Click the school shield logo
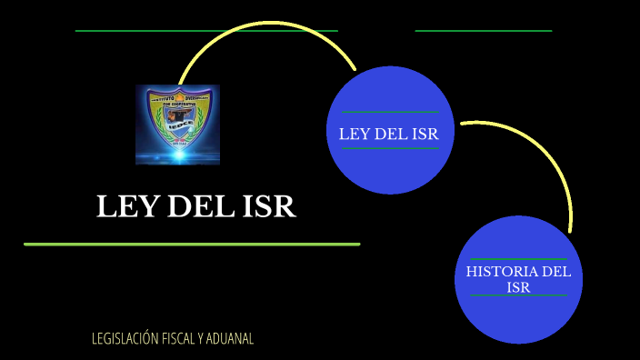[178, 125]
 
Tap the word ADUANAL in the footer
[229, 339]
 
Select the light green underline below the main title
[192, 245]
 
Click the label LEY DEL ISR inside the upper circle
[389, 135]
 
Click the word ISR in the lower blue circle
[518, 287]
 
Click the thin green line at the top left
[206, 31]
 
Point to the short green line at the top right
[484, 31]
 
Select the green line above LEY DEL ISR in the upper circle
[389, 112]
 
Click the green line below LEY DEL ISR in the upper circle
[389, 148]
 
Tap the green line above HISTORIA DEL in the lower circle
[518, 259]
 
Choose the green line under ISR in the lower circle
[518, 296]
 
